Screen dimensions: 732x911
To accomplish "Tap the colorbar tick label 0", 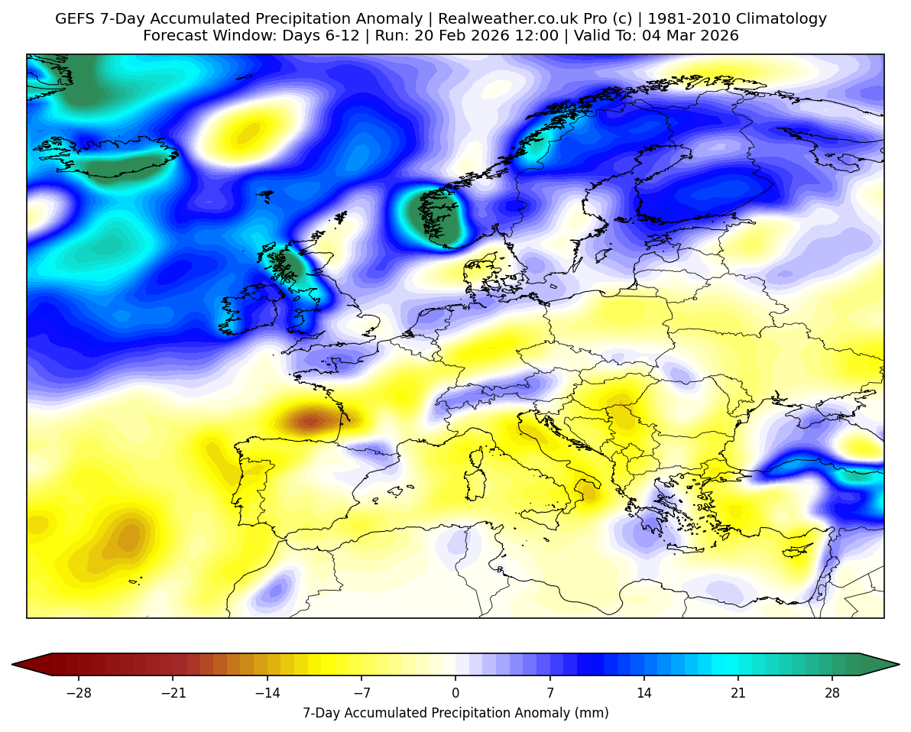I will pyautogui.click(x=455, y=693).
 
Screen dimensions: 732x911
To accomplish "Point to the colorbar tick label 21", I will pyautogui.click(x=738, y=693).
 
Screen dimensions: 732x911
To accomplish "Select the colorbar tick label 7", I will pyautogui.click(x=550, y=693).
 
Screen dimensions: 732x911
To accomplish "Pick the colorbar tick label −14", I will pyautogui.click(x=267, y=693).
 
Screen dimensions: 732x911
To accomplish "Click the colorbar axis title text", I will pyautogui.click(x=455, y=713).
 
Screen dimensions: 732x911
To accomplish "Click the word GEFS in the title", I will pyautogui.click(x=73, y=19).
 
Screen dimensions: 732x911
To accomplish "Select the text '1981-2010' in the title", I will pyautogui.click(x=682, y=19).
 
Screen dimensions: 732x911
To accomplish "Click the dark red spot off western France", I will pyautogui.click(x=310, y=420).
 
